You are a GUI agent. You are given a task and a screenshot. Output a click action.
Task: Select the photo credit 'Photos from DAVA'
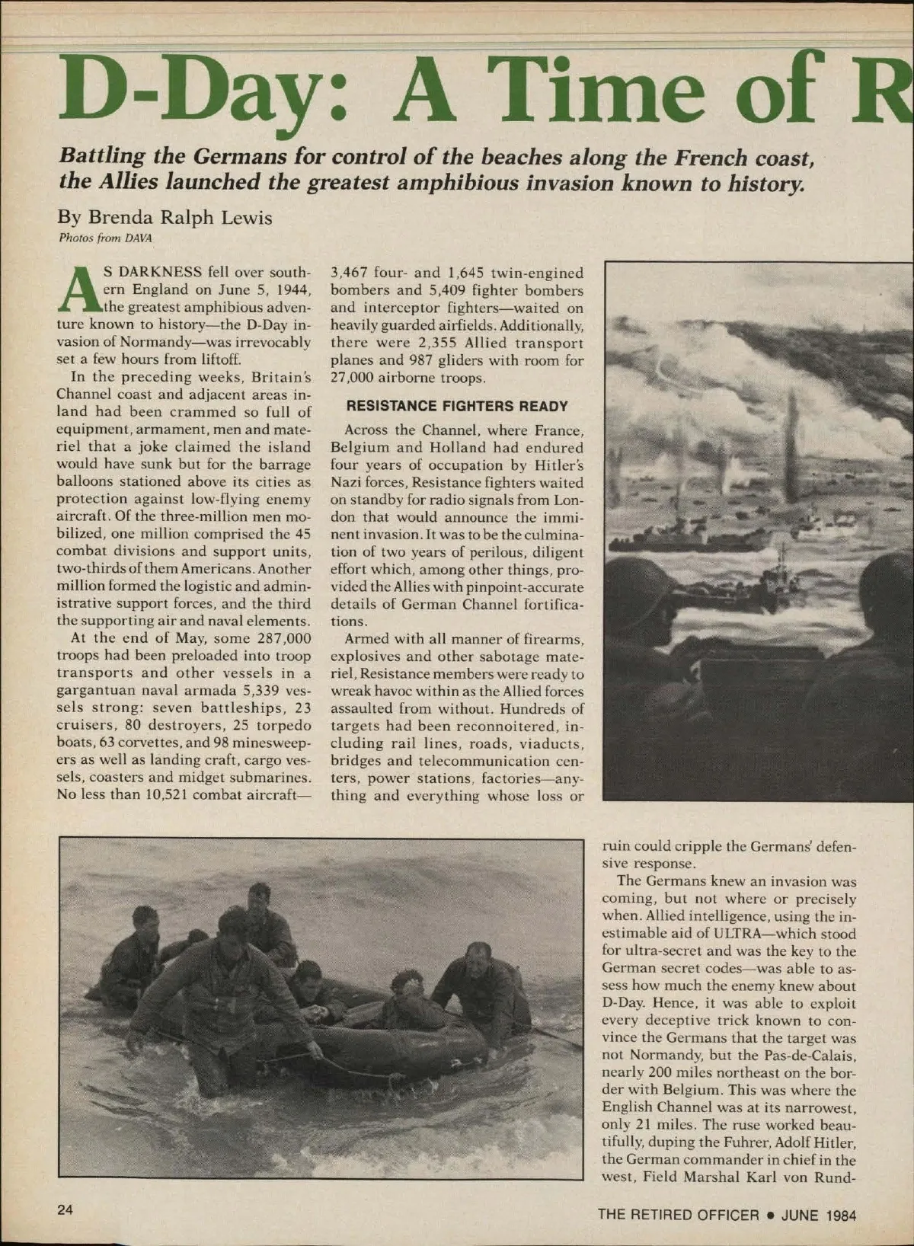[x=106, y=237]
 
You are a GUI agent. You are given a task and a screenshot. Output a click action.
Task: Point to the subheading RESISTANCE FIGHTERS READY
[x=457, y=406]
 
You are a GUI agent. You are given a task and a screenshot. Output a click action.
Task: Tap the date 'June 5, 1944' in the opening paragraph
[x=254, y=289]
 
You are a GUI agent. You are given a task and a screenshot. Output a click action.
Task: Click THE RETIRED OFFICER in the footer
[x=678, y=1215]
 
